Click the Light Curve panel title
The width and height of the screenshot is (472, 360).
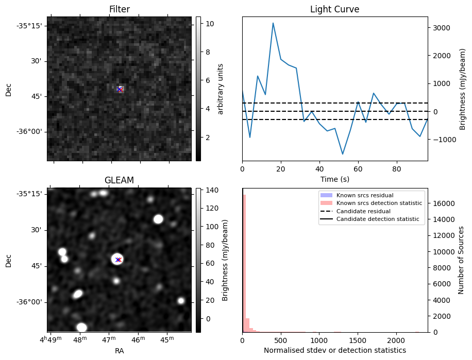334,9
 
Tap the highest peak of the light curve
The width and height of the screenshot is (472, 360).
273,23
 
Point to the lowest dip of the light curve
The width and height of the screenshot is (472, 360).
343,154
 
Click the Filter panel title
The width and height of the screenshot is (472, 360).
119,9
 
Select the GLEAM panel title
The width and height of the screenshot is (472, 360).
119,180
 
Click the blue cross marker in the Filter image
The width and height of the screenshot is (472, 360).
120,90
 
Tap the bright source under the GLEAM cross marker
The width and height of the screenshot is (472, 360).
117,259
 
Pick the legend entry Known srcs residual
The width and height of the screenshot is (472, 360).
365,196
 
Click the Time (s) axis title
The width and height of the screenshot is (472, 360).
334,178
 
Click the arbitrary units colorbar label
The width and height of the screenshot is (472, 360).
220,89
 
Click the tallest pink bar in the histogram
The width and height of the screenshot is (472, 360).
244,263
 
